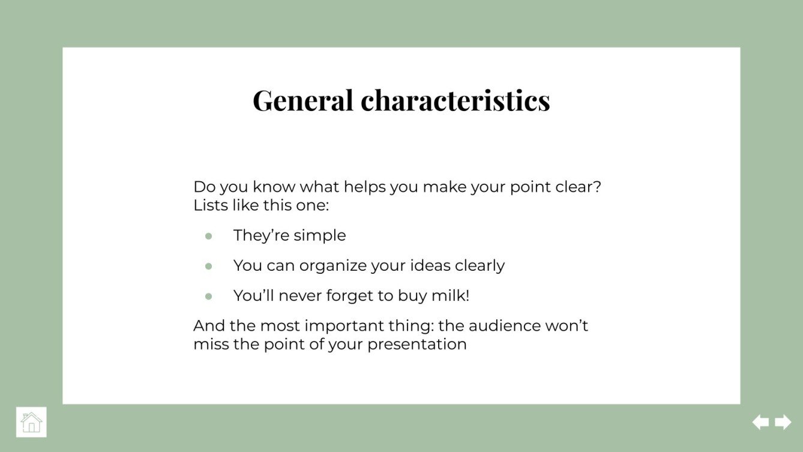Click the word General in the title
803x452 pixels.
[302, 100]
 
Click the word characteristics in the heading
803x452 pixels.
[455, 100]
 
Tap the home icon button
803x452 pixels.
[31, 422]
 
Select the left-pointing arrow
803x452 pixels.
[760, 422]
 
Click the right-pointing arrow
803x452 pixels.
[783, 422]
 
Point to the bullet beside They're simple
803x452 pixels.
[209, 236]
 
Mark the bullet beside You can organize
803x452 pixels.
[209, 266]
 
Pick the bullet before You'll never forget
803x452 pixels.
[209, 296]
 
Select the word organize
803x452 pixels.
[333, 266]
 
